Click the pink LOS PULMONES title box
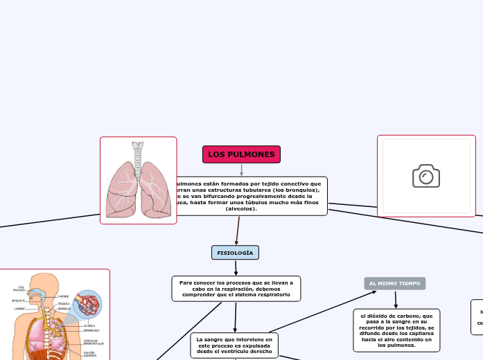tap(241, 154)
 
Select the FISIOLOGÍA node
tap(235, 253)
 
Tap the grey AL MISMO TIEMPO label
tap(394, 284)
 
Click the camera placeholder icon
tap(426, 176)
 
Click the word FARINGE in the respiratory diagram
tap(63, 296)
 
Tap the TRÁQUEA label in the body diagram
tap(64, 303)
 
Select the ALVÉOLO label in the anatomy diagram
tap(89, 325)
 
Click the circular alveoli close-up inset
tap(88, 304)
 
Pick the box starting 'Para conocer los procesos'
tap(236, 289)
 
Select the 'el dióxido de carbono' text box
tap(396, 330)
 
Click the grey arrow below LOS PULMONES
tap(241, 170)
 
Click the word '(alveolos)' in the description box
tap(241, 208)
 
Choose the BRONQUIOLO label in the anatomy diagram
tap(91, 331)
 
